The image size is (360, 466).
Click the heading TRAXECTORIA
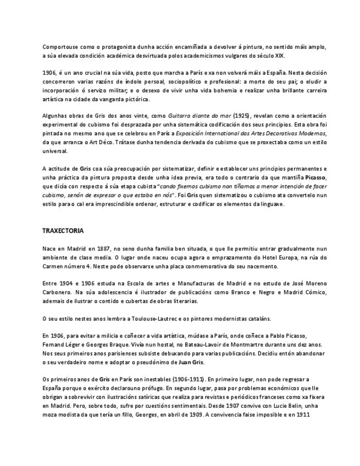click(63, 231)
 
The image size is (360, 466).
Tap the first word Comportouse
click(60, 47)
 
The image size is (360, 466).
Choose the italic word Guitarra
click(181, 116)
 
